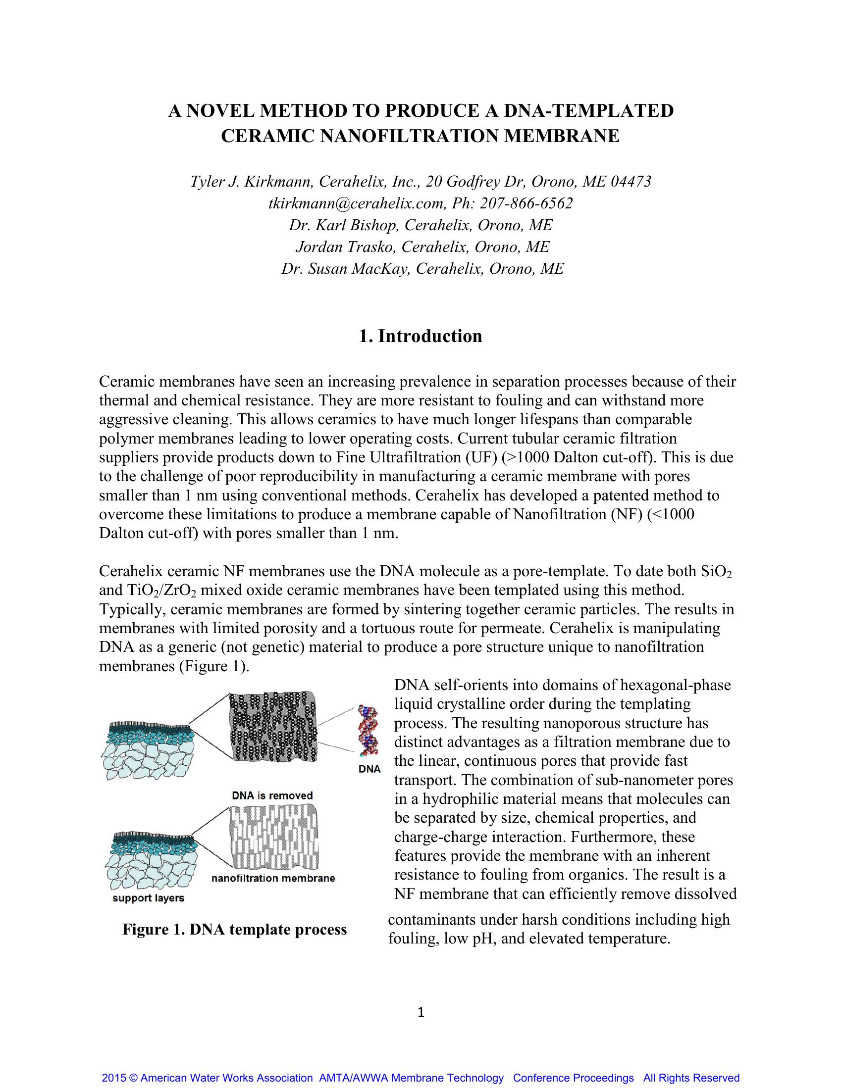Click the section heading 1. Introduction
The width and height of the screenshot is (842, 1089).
pos(421,336)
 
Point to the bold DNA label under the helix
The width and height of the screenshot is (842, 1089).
pos(369,769)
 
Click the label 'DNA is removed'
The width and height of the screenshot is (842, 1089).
pos(272,795)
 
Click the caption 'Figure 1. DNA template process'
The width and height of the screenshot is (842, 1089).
pos(234,930)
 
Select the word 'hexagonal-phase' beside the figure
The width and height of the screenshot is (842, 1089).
pos(676,685)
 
